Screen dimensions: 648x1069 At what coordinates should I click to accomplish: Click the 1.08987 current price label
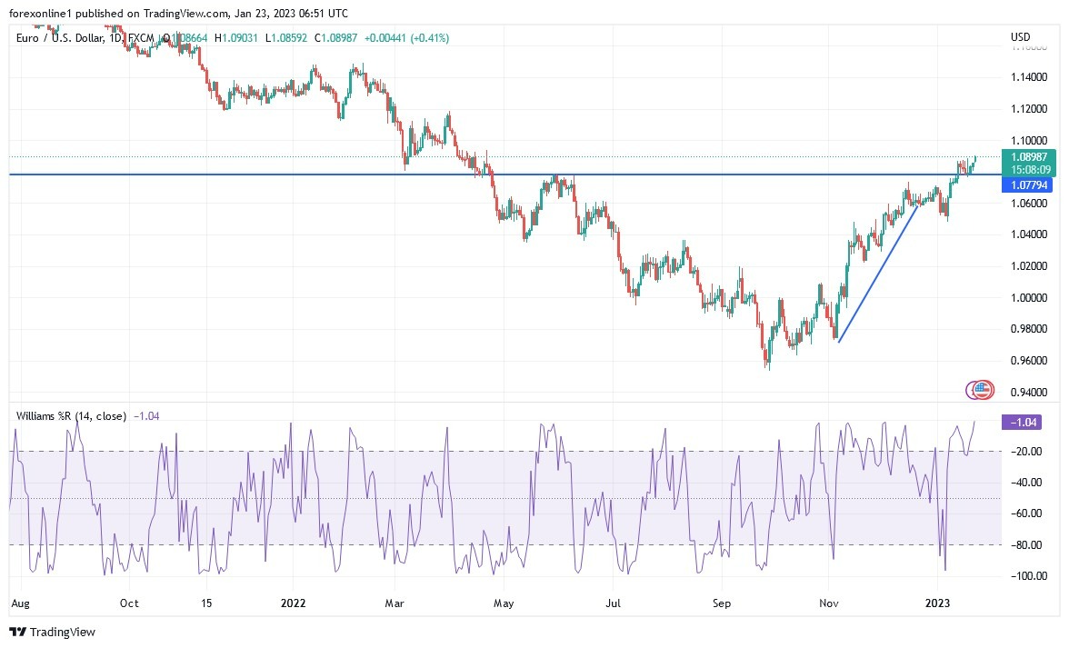[x=1028, y=156]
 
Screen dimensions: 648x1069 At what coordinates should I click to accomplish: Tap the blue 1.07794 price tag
[x=1026, y=184]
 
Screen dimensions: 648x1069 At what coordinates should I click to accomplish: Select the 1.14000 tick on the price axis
[x=1028, y=77]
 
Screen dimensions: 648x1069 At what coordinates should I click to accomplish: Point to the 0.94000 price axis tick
[x=1028, y=393]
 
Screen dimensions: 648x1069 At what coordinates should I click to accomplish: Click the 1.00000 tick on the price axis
[x=1028, y=298]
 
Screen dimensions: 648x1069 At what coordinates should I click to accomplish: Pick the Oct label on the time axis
[x=129, y=603]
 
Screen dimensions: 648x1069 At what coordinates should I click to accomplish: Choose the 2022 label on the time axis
[x=293, y=603]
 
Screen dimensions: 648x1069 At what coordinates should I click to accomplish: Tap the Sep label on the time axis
[x=722, y=603]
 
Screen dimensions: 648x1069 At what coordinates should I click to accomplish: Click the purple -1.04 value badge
[x=1024, y=422]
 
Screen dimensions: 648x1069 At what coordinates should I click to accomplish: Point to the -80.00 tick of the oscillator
[x=1026, y=545]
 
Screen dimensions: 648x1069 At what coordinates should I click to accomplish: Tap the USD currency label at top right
[x=1020, y=37]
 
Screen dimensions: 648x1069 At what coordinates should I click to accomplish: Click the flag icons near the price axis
[x=979, y=390]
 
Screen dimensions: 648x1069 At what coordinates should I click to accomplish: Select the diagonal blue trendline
[x=878, y=274]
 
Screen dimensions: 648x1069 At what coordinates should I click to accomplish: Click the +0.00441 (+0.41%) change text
[x=406, y=37]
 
